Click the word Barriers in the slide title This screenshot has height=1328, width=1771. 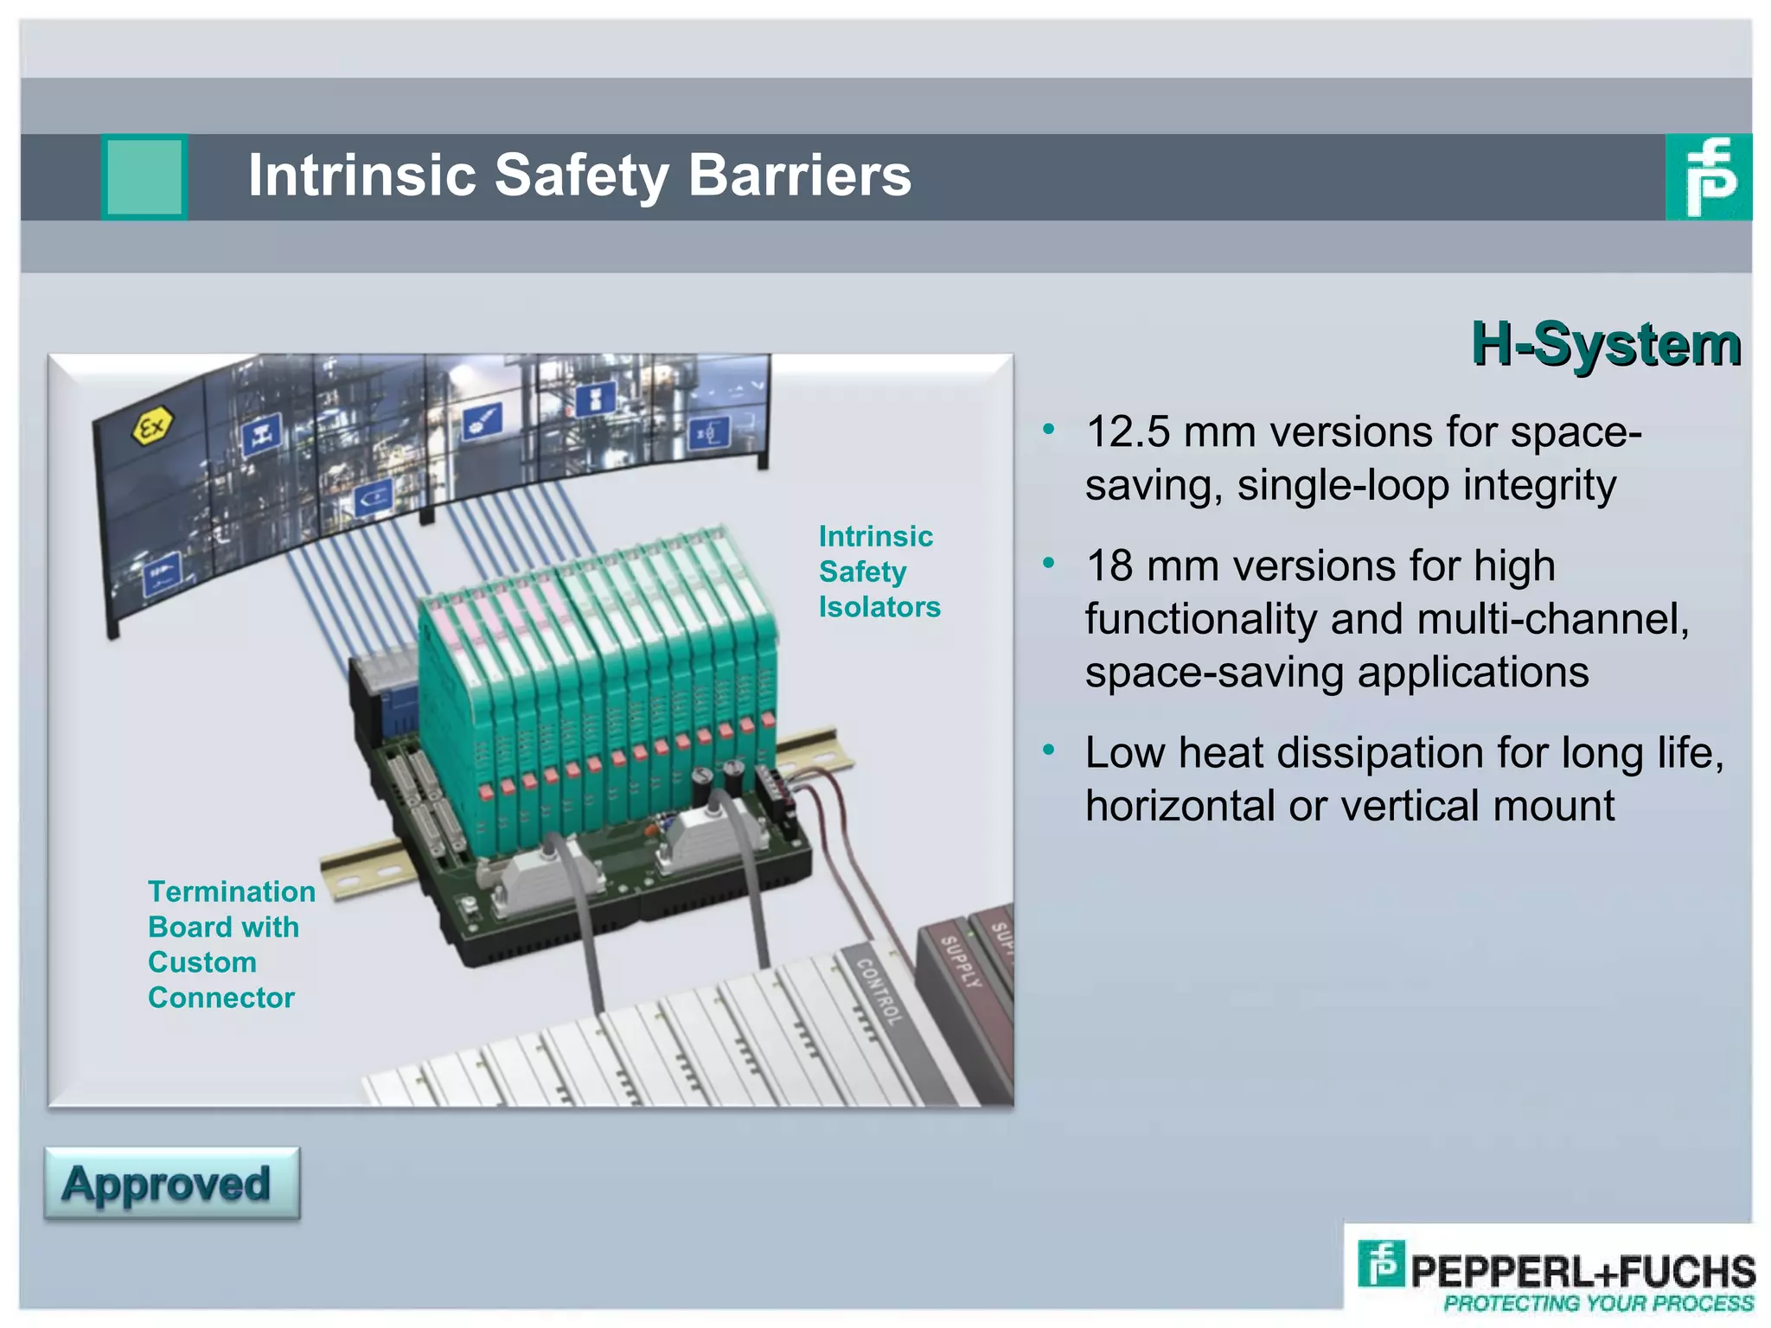[x=800, y=176]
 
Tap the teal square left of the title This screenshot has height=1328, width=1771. [x=144, y=176]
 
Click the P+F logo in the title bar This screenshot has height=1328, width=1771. [x=1708, y=177]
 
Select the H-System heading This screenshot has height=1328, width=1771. [x=1606, y=344]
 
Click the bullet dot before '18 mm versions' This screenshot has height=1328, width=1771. [x=1049, y=564]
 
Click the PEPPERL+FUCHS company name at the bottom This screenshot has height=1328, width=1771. [x=1582, y=1271]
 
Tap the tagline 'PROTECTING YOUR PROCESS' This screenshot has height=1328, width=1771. [x=1598, y=1303]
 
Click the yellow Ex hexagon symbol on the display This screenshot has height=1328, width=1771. [x=153, y=427]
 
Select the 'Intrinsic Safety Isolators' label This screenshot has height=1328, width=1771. [x=878, y=571]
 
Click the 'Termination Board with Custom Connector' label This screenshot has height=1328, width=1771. [x=230, y=944]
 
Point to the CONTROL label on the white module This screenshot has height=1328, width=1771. [x=879, y=991]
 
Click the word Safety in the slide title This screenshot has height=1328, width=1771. [x=580, y=176]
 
